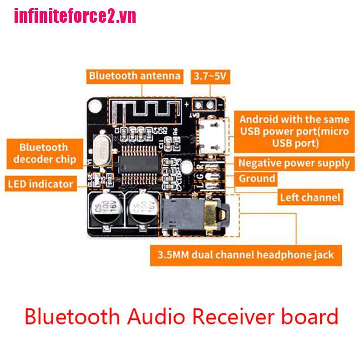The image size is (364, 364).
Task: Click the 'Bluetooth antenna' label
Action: tap(135, 76)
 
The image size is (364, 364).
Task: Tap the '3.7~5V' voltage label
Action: tap(210, 76)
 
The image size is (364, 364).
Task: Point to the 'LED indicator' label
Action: tap(40, 184)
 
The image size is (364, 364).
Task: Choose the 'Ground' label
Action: tap(257, 178)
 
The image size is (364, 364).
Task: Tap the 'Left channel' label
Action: tap(310, 197)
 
